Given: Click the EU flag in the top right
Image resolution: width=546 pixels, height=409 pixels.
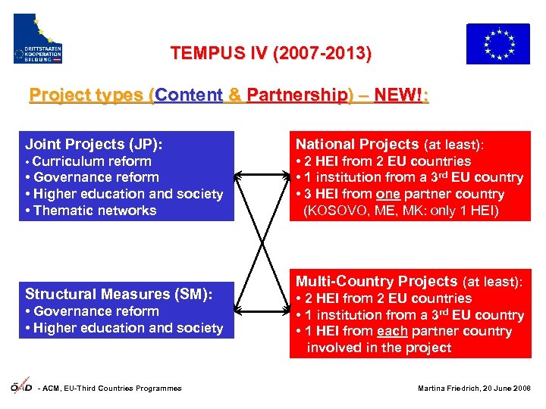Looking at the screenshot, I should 497,44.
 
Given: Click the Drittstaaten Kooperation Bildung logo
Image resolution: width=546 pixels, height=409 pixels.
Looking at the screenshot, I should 38,39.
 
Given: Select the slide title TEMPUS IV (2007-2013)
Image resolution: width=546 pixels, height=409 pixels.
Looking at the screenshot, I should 271,54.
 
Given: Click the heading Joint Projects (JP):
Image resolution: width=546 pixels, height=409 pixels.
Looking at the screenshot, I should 94,144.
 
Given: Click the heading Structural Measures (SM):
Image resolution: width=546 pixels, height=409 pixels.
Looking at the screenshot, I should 118,294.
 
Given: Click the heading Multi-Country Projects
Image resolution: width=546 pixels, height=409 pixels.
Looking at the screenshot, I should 376,281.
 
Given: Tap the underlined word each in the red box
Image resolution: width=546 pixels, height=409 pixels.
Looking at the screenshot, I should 391,332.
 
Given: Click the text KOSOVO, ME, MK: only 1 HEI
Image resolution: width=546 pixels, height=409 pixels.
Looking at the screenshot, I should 401,211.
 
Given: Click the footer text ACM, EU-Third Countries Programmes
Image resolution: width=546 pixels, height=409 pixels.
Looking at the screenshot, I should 112,389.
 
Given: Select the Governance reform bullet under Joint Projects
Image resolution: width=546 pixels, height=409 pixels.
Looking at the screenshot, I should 96,177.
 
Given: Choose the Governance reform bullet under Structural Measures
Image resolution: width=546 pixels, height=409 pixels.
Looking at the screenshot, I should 96,311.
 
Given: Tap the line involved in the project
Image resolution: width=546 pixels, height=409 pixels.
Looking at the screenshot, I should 378,348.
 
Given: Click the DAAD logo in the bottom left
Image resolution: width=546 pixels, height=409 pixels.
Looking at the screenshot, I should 20,388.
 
